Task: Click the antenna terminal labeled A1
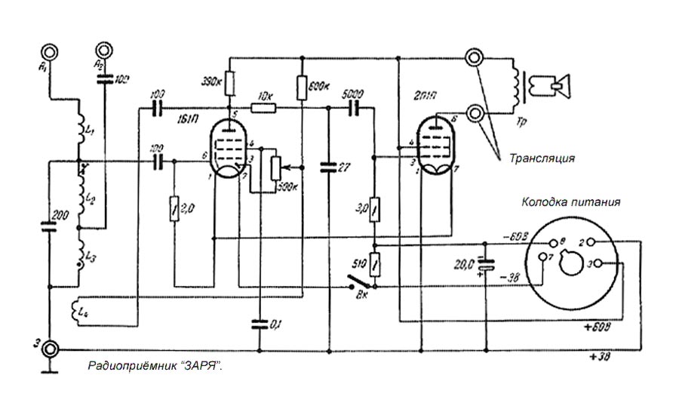point(50,52)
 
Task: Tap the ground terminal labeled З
point(50,349)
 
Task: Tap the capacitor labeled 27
point(329,167)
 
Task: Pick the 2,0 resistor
point(174,206)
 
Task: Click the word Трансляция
point(542,158)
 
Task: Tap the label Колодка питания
point(571,202)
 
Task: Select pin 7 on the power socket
point(542,257)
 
